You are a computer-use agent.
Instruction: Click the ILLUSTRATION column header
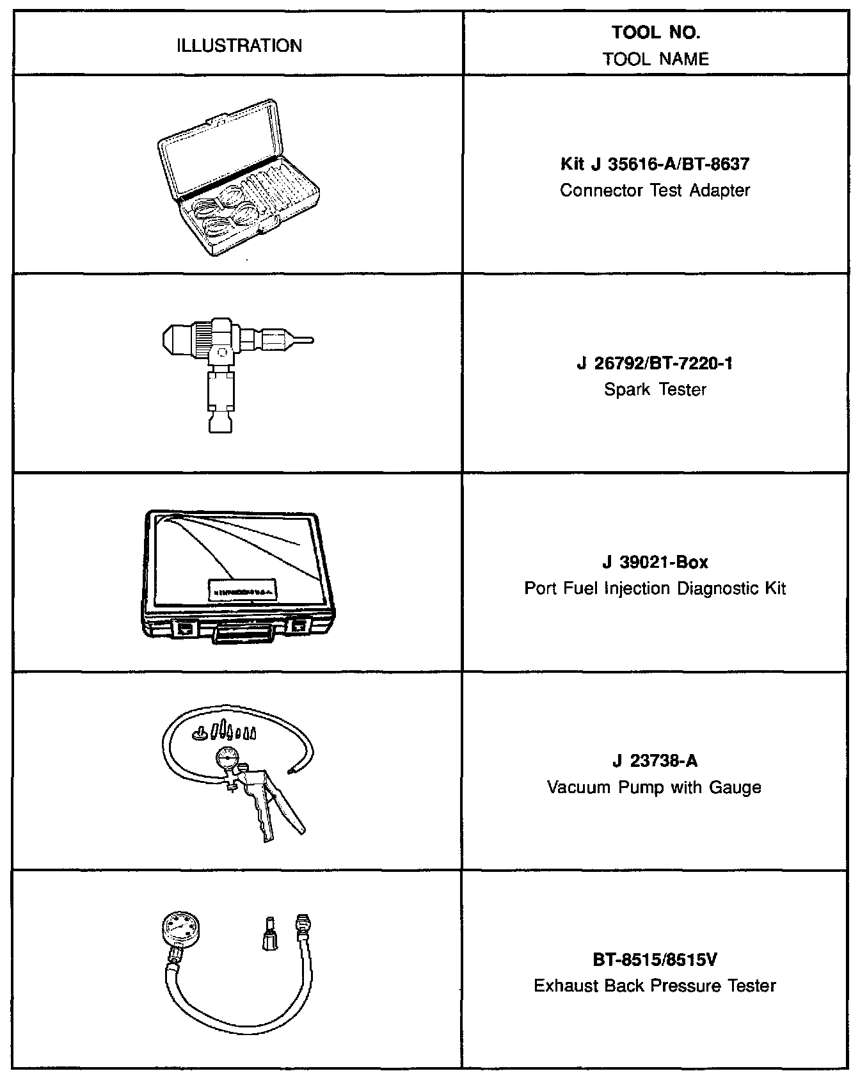[239, 45]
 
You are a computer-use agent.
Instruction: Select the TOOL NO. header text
[656, 32]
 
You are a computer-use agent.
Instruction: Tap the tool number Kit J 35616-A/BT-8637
[655, 164]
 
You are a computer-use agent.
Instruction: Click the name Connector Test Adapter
[655, 190]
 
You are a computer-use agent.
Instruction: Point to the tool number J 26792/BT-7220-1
[655, 363]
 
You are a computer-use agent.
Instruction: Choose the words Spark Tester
[655, 389]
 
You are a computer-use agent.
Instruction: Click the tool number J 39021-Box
[655, 562]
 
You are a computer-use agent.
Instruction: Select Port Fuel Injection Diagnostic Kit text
[655, 588]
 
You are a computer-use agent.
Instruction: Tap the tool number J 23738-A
[655, 760]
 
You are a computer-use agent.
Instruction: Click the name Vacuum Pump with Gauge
[655, 787]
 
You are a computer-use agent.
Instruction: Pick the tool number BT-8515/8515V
[655, 960]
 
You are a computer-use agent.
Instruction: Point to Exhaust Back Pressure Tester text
[655, 986]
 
